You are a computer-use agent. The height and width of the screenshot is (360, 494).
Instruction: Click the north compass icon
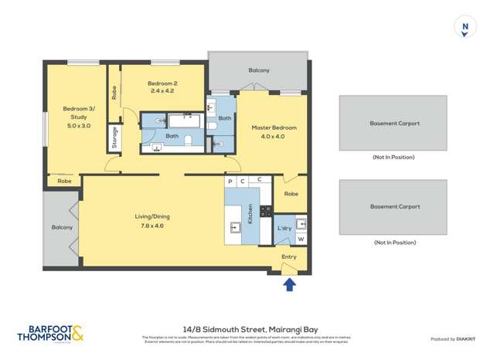[465, 27]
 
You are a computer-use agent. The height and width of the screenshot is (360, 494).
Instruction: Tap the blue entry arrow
[289, 285]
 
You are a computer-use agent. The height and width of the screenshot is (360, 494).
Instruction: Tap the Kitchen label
[251, 214]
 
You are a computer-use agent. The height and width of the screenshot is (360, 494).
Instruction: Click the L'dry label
[284, 229]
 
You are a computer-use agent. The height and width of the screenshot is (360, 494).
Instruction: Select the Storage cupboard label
[115, 137]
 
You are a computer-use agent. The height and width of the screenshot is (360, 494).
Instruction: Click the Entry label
[289, 256]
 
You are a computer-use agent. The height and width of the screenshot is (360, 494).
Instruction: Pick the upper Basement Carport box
[393, 123]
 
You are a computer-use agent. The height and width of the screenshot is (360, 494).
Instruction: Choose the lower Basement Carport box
[393, 207]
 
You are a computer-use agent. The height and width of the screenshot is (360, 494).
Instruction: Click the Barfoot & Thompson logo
[50, 334]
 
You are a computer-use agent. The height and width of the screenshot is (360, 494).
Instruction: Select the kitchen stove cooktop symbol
[265, 211]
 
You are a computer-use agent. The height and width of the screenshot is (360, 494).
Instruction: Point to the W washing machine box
[301, 239]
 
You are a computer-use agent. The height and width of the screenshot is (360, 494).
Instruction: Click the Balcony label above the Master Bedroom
[259, 70]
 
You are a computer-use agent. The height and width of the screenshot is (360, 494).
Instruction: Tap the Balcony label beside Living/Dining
[62, 227]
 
